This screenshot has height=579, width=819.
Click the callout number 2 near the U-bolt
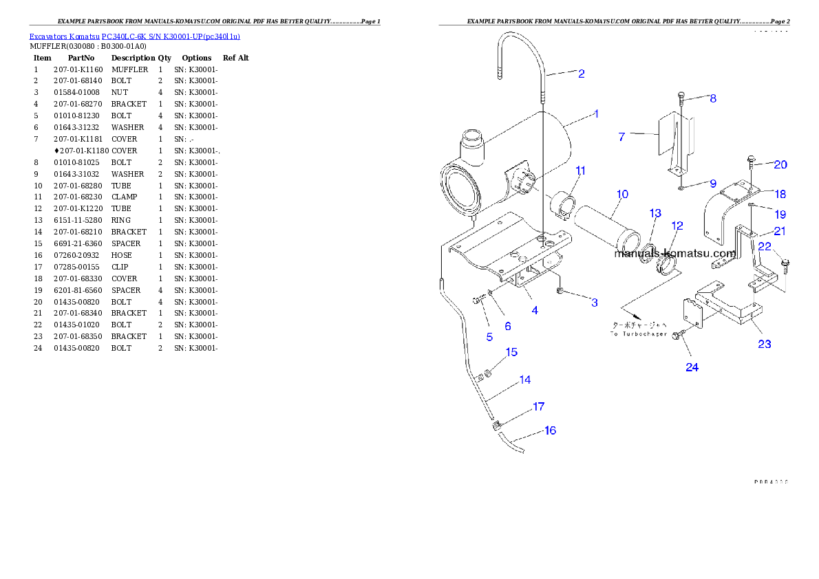tap(582, 74)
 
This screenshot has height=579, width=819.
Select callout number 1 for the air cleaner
tap(596, 114)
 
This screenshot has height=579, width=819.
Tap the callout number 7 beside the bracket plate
tap(621, 137)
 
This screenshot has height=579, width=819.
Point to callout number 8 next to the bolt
tap(713, 98)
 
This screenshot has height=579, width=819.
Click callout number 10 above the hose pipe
tap(622, 195)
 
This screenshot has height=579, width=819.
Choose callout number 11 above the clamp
tap(581, 171)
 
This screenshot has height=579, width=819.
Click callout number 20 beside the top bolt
tap(780, 164)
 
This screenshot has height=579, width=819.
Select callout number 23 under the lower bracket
tap(765, 344)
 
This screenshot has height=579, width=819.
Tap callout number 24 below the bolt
tap(692, 367)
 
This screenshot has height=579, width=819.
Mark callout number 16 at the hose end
tap(550, 430)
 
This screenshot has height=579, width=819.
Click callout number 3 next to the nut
tap(594, 302)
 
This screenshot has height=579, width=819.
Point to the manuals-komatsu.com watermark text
tap(674, 253)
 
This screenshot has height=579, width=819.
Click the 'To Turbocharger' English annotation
tap(639, 334)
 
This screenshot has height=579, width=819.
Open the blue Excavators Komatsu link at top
tap(134, 36)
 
